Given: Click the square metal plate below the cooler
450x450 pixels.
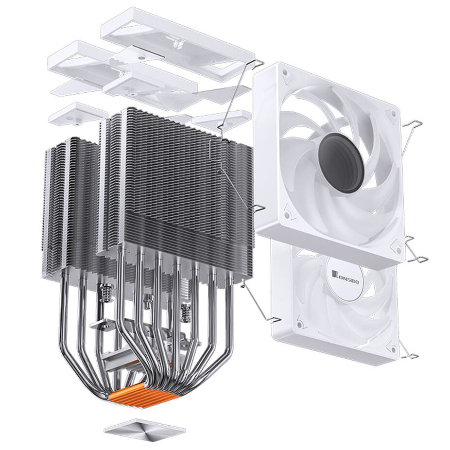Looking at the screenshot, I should pos(145,429).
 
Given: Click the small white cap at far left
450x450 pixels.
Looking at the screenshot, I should pos(77,112).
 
